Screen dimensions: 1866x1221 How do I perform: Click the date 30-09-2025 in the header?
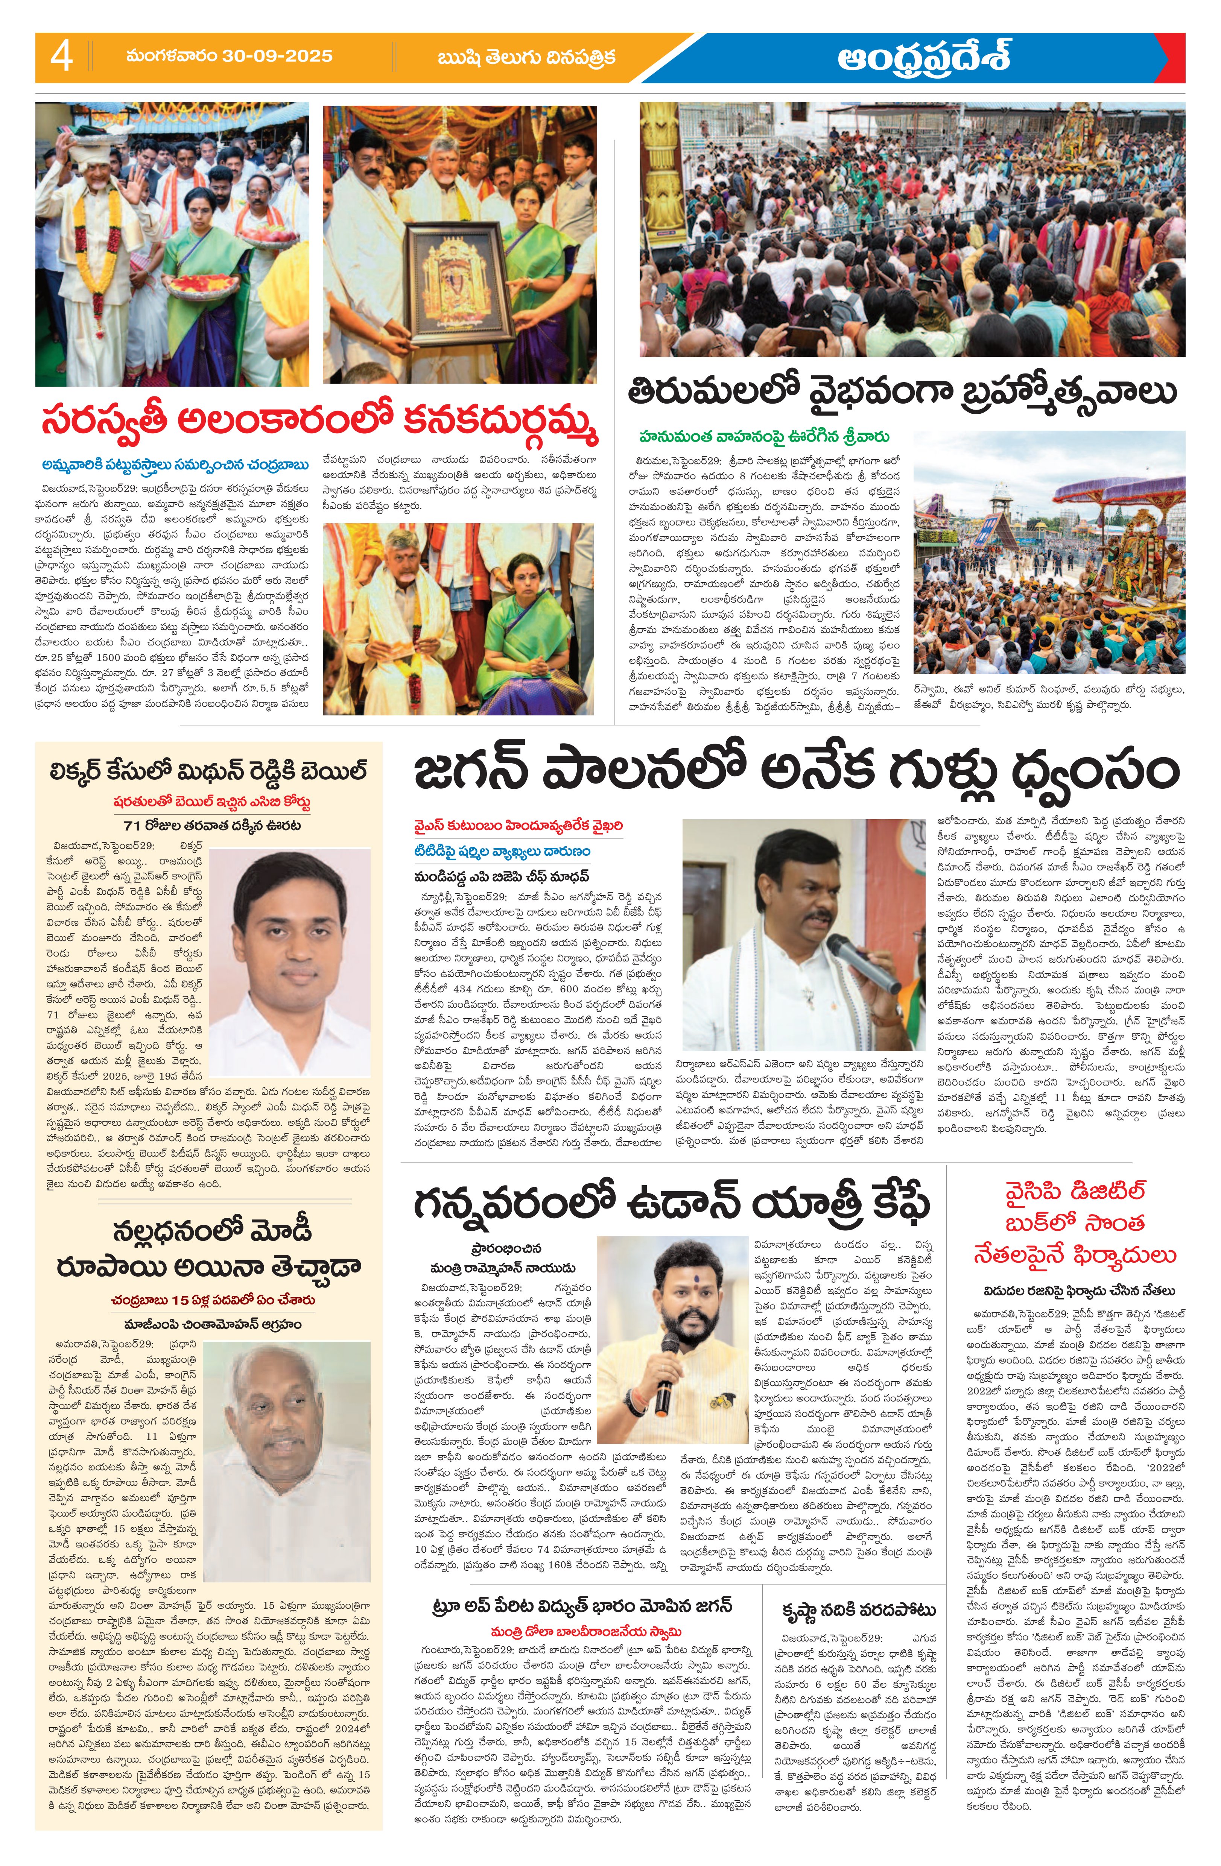(229, 56)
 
